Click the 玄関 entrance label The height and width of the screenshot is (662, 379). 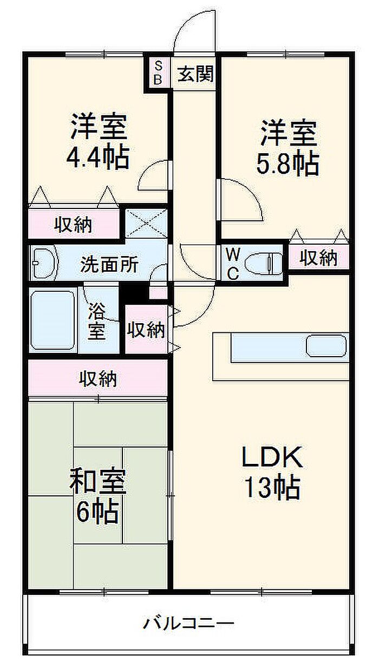point(196,74)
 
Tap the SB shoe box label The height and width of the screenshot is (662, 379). point(158,73)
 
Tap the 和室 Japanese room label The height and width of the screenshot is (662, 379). point(98,481)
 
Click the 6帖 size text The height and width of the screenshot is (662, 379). point(98,511)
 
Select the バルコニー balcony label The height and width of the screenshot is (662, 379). point(188,623)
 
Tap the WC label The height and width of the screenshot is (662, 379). point(232,264)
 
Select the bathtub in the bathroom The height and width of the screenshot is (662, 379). point(53,320)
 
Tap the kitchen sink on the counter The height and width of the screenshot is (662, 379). point(326,345)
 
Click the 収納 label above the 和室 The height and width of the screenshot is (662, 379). point(98,379)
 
